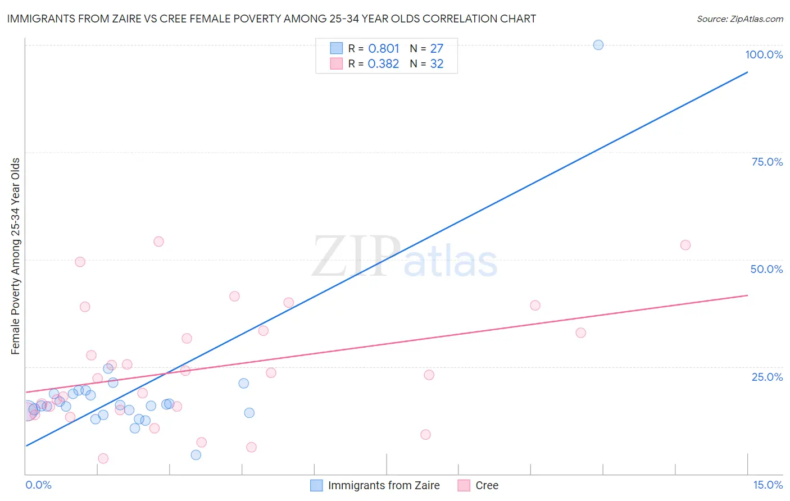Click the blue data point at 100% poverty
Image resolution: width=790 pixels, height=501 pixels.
point(598,45)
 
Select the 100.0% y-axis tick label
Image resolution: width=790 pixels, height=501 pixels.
point(764,54)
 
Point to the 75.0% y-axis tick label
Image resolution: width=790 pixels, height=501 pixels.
point(767,162)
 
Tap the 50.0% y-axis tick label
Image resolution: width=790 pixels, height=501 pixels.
point(766,269)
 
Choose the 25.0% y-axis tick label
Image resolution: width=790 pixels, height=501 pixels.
point(767,376)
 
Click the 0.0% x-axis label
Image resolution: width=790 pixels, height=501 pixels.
point(38,485)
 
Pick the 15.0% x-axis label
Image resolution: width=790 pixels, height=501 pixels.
point(768,485)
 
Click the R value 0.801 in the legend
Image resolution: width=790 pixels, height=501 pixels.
point(384,48)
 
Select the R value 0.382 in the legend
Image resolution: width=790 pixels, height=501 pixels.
point(383,63)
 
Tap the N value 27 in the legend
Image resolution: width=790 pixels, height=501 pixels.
point(437,48)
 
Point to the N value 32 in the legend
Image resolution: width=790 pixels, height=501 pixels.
point(437,63)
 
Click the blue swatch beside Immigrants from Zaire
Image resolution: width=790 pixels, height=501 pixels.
point(317,485)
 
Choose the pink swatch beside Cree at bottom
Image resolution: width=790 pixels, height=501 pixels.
point(464,485)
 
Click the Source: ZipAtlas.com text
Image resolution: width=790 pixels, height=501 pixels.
point(739,19)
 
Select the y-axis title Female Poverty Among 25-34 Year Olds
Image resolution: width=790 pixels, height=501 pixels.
point(15,256)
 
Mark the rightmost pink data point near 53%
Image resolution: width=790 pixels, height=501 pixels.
point(685,245)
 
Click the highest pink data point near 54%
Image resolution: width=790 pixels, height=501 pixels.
point(158,242)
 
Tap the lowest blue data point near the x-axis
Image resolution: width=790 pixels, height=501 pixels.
point(196,455)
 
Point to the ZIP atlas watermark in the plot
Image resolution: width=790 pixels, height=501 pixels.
point(405,257)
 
